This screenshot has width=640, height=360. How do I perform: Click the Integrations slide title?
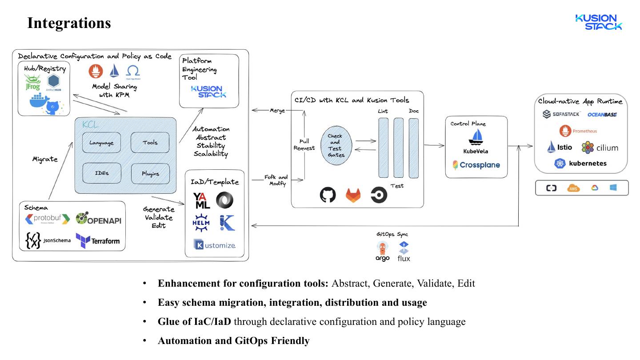tap(69, 23)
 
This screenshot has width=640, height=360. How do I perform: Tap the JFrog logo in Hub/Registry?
tap(32, 83)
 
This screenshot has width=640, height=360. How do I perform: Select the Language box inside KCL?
tap(101, 143)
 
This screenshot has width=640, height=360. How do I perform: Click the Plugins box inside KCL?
tap(150, 173)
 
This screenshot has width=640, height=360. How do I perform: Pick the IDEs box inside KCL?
tap(101, 173)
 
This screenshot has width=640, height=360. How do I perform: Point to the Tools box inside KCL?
tap(150, 143)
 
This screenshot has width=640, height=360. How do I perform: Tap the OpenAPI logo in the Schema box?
tap(98, 219)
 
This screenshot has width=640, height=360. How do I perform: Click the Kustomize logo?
tap(214, 244)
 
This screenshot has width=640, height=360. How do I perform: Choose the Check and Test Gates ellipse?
tap(336, 145)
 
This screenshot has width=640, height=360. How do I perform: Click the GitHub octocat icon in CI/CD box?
tap(328, 195)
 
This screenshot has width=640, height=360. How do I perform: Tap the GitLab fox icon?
tap(354, 195)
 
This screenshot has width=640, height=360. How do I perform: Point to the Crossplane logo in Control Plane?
tap(476, 165)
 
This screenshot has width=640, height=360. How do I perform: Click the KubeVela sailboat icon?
tap(476, 136)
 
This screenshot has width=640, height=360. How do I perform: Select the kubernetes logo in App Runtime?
tap(580, 163)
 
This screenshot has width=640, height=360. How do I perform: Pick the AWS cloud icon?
tap(574, 188)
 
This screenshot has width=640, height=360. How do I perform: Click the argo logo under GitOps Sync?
tap(382, 252)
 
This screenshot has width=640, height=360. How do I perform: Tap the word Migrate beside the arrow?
tap(45, 159)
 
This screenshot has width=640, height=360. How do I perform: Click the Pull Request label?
tap(304, 144)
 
